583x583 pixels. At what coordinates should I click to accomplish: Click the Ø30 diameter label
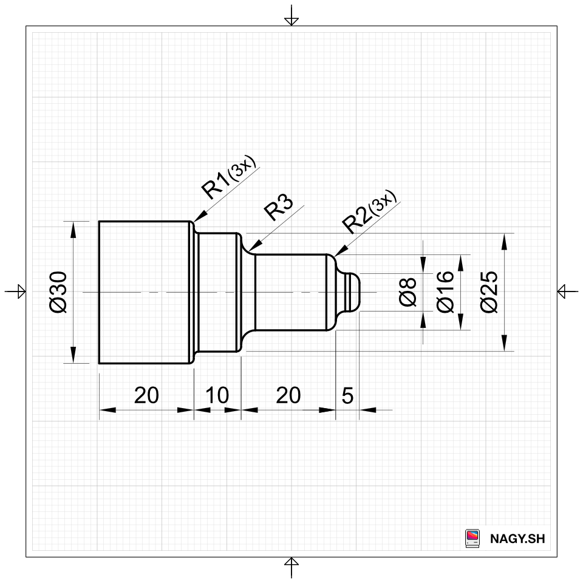(x=58, y=292)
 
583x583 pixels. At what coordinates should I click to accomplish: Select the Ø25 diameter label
(x=489, y=292)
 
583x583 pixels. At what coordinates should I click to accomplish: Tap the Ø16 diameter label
(x=445, y=292)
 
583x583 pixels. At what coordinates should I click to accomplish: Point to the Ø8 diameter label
(x=407, y=292)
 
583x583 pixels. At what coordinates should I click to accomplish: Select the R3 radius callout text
(x=279, y=206)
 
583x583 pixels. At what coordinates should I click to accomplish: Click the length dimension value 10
(x=217, y=395)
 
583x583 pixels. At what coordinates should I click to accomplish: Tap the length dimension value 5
(x=347, y=395)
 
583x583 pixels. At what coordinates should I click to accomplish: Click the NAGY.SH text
(x=517, y=539)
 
